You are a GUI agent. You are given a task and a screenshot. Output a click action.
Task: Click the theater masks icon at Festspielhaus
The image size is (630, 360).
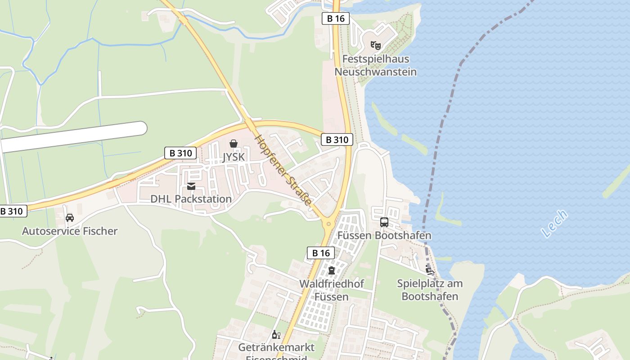(x=376, y=45)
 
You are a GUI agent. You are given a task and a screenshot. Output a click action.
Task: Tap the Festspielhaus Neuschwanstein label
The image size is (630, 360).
(x=375, y=65)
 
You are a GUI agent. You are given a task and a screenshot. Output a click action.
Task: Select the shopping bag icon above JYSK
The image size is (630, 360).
(x=234, y=144)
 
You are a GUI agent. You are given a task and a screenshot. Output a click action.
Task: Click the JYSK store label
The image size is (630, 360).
(x=234, y=157)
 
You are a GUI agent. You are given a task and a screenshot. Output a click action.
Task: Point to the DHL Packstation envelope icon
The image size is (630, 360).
(x=191, y=186)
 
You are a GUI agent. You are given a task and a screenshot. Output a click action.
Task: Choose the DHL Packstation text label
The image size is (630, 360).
(x=191, y=199)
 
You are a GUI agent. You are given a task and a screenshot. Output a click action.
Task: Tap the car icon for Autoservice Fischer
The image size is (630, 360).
(x=70, y=218)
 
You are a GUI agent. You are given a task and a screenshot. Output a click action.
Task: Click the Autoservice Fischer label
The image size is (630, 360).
(x=70, y=231)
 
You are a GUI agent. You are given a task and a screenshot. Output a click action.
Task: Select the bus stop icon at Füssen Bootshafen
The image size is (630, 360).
(x=384, y=222)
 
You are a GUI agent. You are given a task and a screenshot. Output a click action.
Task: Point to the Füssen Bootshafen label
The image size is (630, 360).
(x=384, y=235)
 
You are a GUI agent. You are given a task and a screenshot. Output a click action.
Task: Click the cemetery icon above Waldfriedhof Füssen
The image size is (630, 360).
(x=332, y=270)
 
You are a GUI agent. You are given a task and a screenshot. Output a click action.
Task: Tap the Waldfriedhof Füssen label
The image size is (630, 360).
(x=332, y=290)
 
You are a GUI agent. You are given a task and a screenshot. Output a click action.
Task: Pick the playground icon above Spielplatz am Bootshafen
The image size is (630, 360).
(x=430, y=270)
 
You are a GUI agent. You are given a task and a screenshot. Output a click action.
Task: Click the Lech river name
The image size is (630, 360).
(x=554, y=224)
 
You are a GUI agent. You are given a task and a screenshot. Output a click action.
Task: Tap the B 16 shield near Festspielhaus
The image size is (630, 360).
(x=336, y=18)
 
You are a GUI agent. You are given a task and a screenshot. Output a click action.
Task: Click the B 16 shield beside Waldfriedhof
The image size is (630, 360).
(x=321, y=253)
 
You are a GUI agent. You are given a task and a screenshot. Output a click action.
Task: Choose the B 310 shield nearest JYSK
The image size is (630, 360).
(x=180, y=153)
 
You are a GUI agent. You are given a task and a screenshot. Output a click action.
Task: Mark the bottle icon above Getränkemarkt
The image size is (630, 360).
(x=276, y=335)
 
